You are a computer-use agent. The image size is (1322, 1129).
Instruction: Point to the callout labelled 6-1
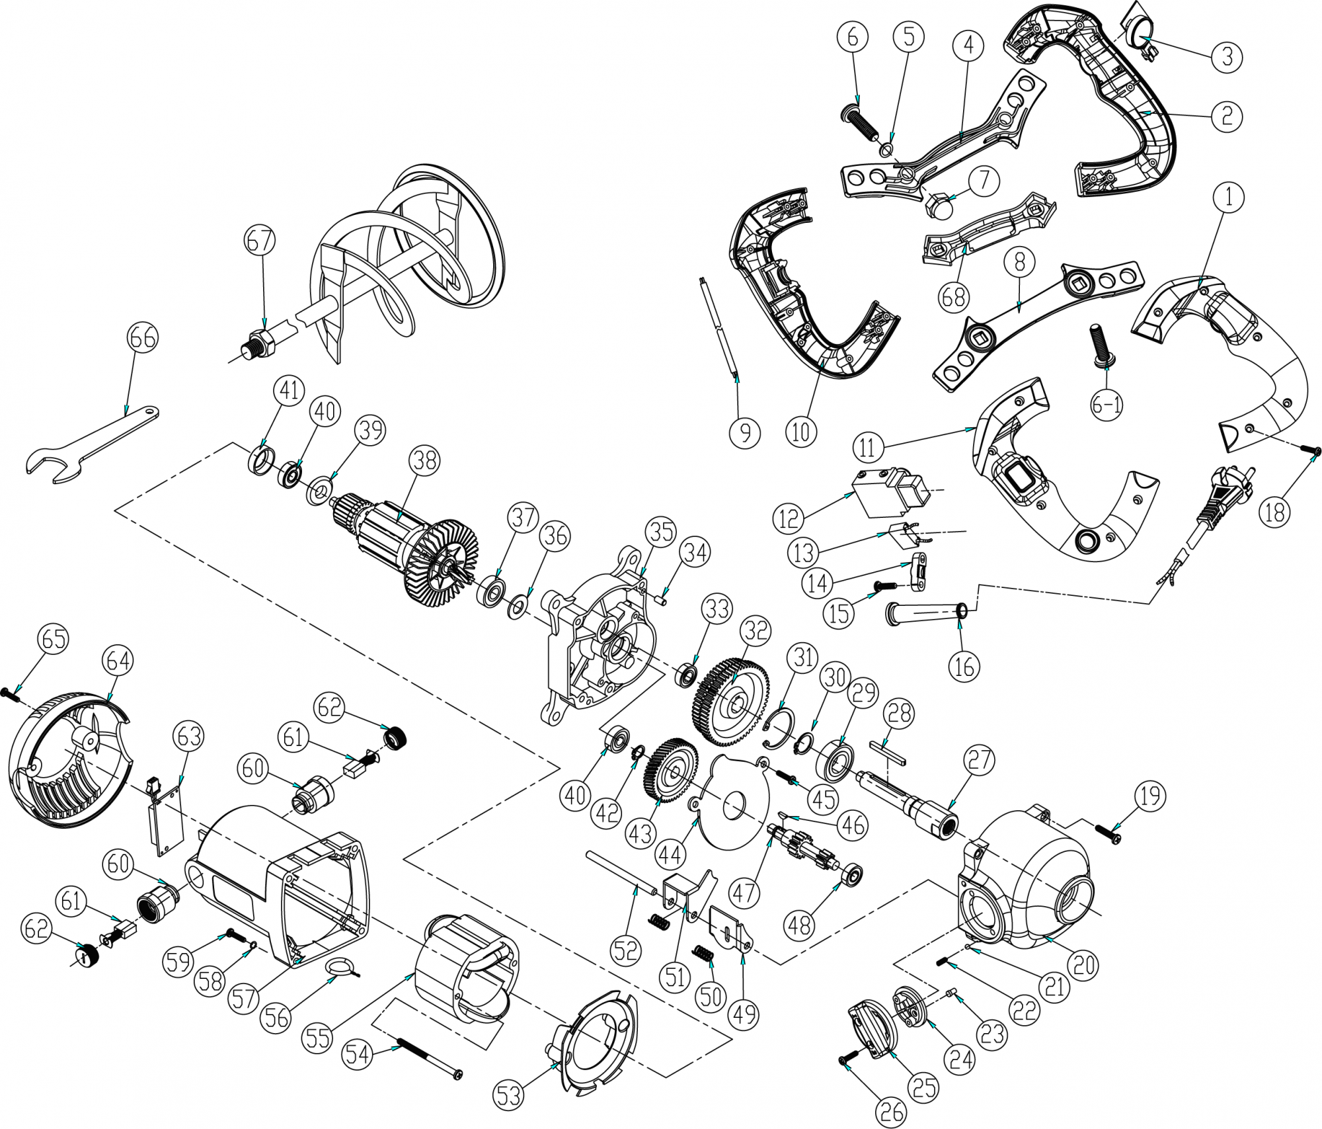pos(1107,405)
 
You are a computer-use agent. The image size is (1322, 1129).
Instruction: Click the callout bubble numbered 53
pos(510,1096)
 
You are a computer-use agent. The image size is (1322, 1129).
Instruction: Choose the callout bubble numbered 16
pos(964,667)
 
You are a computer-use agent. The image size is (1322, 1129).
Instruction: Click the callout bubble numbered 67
pos(260,241)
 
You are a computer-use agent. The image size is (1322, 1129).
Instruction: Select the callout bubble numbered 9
pos(745,433)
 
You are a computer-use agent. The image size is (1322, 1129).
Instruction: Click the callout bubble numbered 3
pos(1227,57)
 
